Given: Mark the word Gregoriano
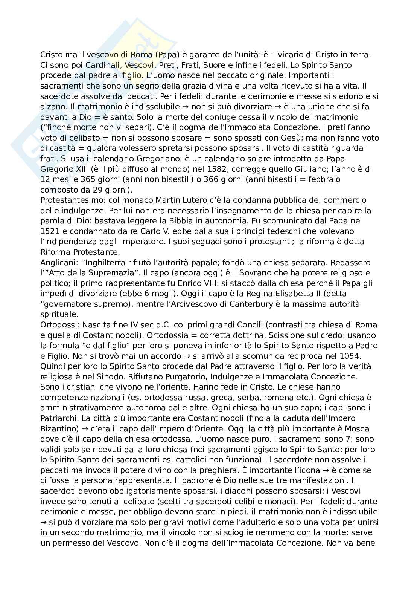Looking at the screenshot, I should tap(152, 159).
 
